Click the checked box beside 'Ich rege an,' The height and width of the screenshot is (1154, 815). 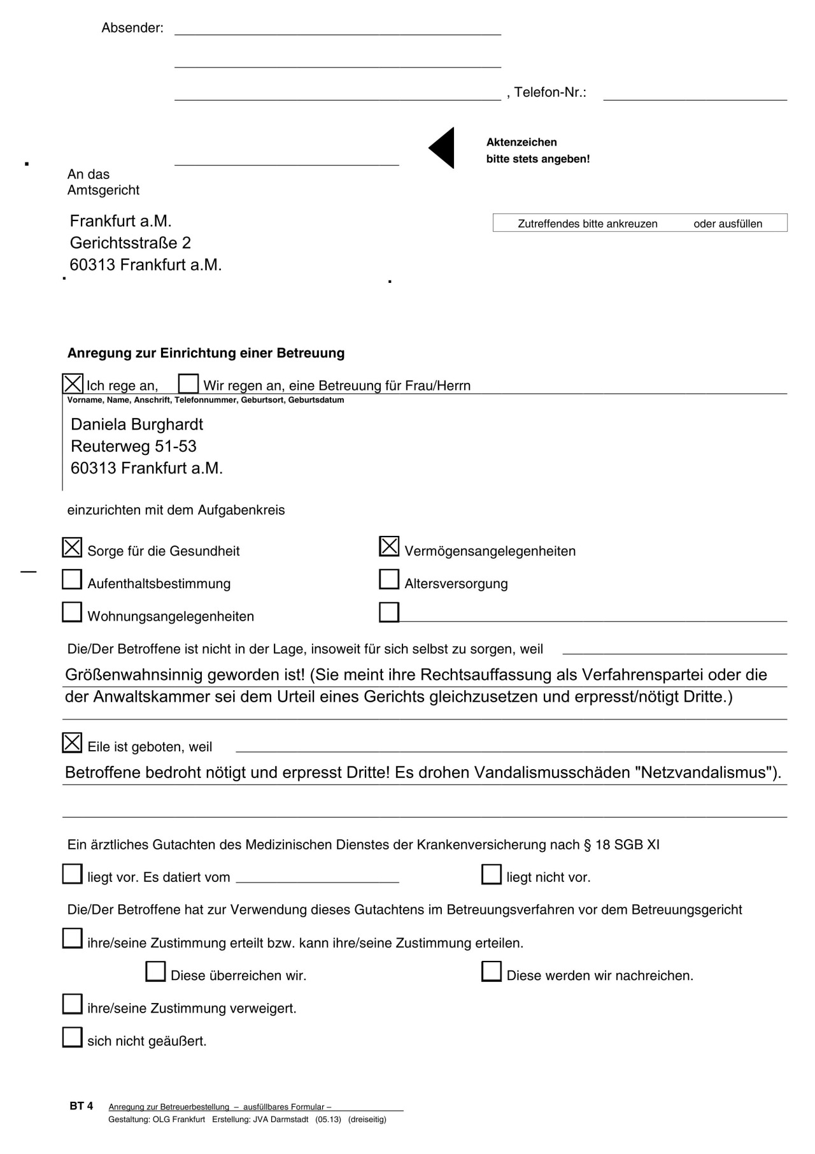pos(73,384)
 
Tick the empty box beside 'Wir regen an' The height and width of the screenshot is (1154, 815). pos(188,384)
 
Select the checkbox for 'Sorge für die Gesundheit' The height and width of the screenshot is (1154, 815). pos(72,547)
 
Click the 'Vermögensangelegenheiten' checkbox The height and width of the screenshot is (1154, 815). pos(389,547)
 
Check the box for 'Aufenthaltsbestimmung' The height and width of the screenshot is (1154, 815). pos(72,579)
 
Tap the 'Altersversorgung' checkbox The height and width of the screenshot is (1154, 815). pos(389,579)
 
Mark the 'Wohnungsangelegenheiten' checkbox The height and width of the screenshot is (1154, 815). pos(72,612)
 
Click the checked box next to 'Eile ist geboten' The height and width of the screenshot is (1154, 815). pos(72,743)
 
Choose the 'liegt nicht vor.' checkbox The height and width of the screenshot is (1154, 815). pos(492,874)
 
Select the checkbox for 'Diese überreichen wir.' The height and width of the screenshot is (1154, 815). pos(155,972)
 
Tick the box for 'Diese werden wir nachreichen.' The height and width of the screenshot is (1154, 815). pos(492,972)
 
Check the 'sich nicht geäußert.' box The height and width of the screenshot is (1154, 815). pos(72,1037)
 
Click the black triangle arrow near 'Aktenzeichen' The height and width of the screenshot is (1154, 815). pos(443,148)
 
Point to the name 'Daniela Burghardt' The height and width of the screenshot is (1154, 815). pos(137,424)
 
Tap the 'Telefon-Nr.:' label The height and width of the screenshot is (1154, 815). pos(550,92)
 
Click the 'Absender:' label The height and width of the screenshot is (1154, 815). pos(132,28)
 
